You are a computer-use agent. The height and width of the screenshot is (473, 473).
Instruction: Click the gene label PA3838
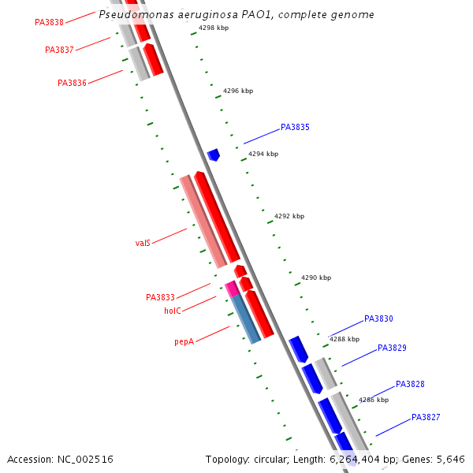coord(49,22)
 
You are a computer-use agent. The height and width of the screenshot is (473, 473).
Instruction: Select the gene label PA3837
coord(59,50)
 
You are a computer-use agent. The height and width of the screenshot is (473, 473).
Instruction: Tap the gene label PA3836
coord(72,83)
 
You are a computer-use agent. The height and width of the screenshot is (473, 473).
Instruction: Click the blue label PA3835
coord(295,127)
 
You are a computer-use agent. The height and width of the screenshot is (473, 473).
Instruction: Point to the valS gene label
coord(143,243)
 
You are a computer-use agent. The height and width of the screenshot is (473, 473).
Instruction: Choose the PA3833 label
coord(160,297)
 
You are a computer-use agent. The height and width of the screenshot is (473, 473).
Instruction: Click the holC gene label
coord(173,311)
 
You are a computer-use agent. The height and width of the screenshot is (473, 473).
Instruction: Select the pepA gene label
coord(184,341)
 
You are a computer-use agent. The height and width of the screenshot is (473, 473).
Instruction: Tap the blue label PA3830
coord(378,319)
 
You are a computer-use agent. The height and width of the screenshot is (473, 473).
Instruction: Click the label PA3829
coord(392,348)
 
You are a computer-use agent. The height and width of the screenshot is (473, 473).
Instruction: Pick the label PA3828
coord(410,384)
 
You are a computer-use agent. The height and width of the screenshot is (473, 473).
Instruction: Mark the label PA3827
coord(426,417)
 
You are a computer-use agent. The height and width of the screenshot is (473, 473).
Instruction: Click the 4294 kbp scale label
coord(263,154)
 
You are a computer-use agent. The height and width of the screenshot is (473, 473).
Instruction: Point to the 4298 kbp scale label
coord(214,28)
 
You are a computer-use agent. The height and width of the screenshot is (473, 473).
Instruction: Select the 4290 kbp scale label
coord(316,277)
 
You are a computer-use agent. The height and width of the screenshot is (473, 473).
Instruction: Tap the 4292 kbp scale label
coord(289,216)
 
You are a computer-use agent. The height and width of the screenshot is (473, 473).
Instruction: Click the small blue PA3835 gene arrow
coord(213,155)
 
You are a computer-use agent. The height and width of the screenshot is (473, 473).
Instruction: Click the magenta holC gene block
coord(231,289)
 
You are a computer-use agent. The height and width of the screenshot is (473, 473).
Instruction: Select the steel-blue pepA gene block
coord(246,318)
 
